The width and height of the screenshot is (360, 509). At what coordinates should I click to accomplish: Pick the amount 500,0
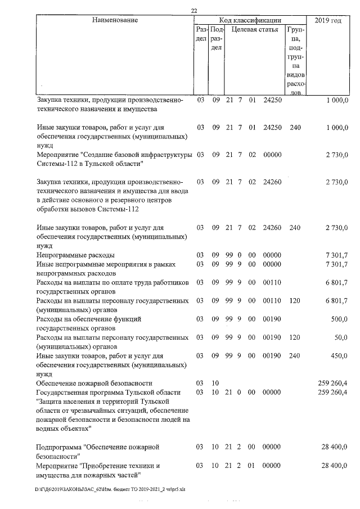[340, 319]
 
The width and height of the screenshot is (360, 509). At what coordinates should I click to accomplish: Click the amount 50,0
[341, 337]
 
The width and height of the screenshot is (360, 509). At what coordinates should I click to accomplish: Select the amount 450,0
[340, 355]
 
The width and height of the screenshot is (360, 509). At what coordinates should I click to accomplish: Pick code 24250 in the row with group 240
[272, 128]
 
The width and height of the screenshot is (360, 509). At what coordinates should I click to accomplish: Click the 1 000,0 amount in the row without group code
[337, 100]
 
